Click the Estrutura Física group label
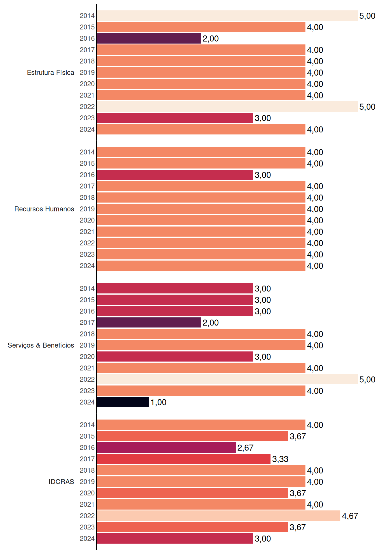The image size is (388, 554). tap(51, 72)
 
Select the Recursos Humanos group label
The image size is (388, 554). tap(44, 209)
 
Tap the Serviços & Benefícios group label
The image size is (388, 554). tap(41, 345)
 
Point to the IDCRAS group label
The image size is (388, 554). tap(61, 482)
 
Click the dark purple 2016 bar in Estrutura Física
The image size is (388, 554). tap(149, 38)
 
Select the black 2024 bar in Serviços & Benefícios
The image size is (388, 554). tap(123, 402)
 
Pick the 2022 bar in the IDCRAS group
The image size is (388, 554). tap(219, 516)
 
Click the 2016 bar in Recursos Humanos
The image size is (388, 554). tap(175, 175)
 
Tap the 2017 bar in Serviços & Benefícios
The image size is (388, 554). tap(149, 323)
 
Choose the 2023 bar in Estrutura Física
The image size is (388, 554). tap(175, 118)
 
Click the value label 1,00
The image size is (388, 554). tap(158, 402)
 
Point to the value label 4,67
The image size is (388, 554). tap(350, 516)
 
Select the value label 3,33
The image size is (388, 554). tap(280, 459)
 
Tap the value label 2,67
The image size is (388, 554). tap(245, 448)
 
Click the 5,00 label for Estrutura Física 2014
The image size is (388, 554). tap(367, 16)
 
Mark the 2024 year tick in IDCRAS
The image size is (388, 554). tap(87, 538)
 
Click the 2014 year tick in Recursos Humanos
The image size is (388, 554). tap(87, 152)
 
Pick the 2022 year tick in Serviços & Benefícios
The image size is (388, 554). tap(87, 379)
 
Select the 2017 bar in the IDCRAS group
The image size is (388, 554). tap(184, 459)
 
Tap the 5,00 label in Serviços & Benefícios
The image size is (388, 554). tap(367, 379)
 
